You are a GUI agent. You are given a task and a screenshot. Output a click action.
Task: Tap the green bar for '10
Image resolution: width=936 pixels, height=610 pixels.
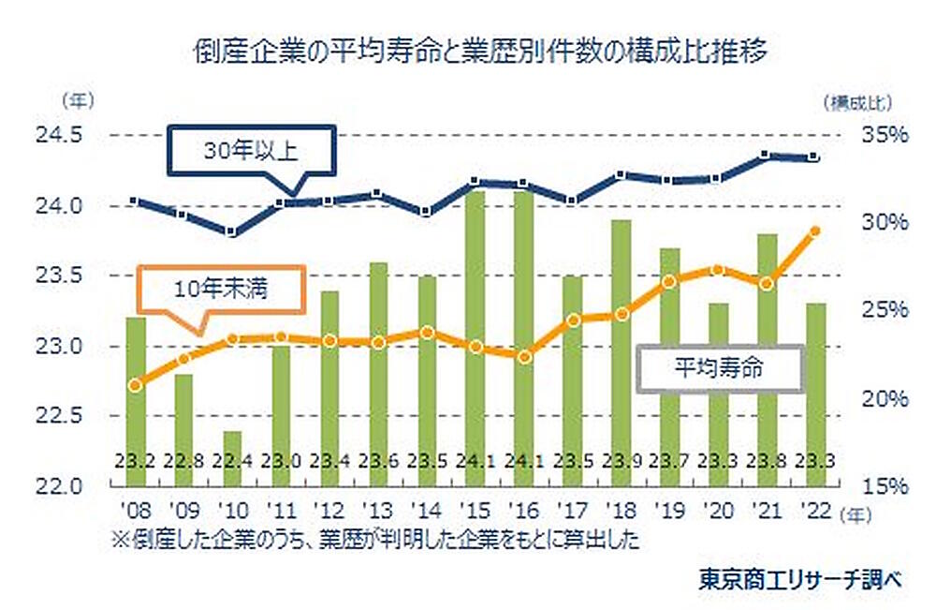pos(233,458)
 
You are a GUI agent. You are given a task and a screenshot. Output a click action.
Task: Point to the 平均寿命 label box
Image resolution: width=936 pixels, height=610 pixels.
pos(719,366)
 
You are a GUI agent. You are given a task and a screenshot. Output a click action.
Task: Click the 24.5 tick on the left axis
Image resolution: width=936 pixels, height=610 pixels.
pos(58,135)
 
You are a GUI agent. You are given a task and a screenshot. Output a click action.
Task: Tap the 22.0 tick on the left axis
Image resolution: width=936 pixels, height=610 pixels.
pos(58,486)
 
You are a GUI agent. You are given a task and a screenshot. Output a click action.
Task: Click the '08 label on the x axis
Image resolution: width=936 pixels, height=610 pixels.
pos(136,512)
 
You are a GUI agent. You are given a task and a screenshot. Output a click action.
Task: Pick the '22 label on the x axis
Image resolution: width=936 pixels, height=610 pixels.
pos(815,512)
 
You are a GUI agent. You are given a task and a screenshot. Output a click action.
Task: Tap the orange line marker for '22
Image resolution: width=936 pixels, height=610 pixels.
pos(814,231)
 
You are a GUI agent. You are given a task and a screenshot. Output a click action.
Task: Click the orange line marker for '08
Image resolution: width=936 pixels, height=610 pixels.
pos(136,385)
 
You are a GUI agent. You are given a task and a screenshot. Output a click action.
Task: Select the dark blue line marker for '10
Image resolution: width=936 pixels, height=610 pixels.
pos(233,232)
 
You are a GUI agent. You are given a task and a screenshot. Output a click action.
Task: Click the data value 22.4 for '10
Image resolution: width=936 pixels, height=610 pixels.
pos(233,461)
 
